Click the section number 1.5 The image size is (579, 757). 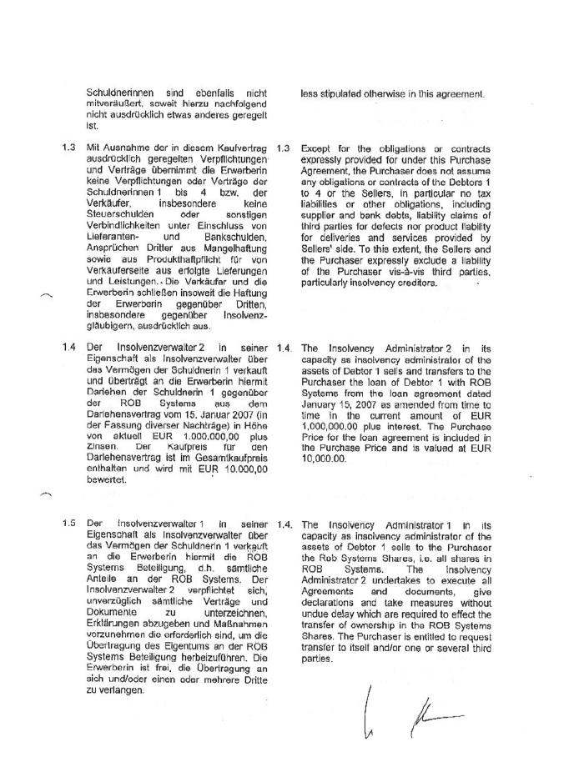[69, 523]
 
